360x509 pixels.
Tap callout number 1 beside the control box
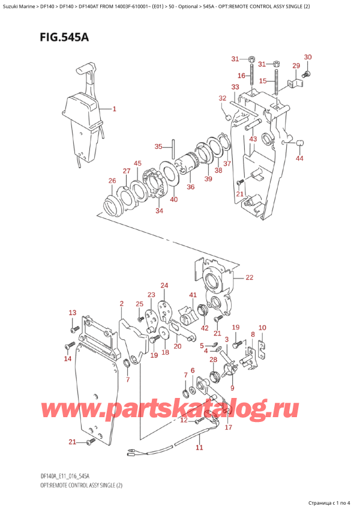point(115,109)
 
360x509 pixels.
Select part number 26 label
point(112,181)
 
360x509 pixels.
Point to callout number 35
point(158,147)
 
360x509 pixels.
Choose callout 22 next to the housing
point(249,277)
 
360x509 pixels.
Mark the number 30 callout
point(308,57)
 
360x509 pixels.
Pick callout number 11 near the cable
point(199,447)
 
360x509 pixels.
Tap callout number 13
point(72,313)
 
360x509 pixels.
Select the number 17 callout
point(228,427)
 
